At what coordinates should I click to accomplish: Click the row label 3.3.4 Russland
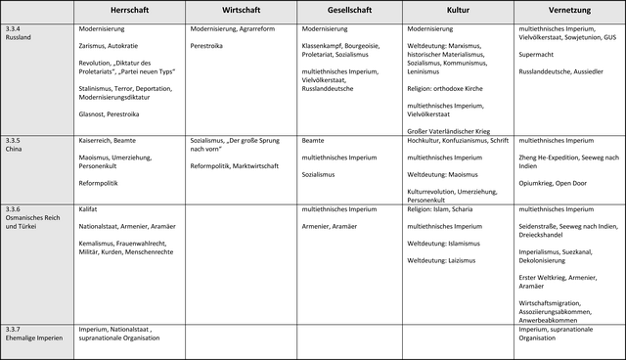click(19, 35)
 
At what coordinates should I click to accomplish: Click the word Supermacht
click(538, 56)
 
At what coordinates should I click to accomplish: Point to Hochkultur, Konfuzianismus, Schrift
click(457, 141)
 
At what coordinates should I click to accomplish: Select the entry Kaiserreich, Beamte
click(108, 141)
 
